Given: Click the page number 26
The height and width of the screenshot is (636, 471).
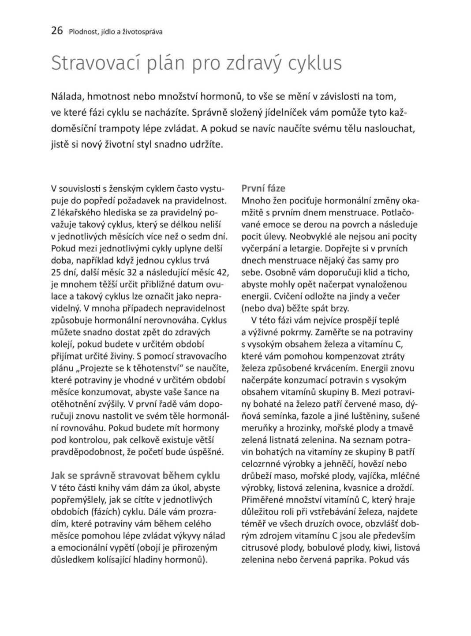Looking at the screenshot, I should pos(57,31).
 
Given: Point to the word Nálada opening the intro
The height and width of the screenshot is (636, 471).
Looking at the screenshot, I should pos(67,96).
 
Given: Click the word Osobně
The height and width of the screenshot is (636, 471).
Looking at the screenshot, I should pos(258,272).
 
